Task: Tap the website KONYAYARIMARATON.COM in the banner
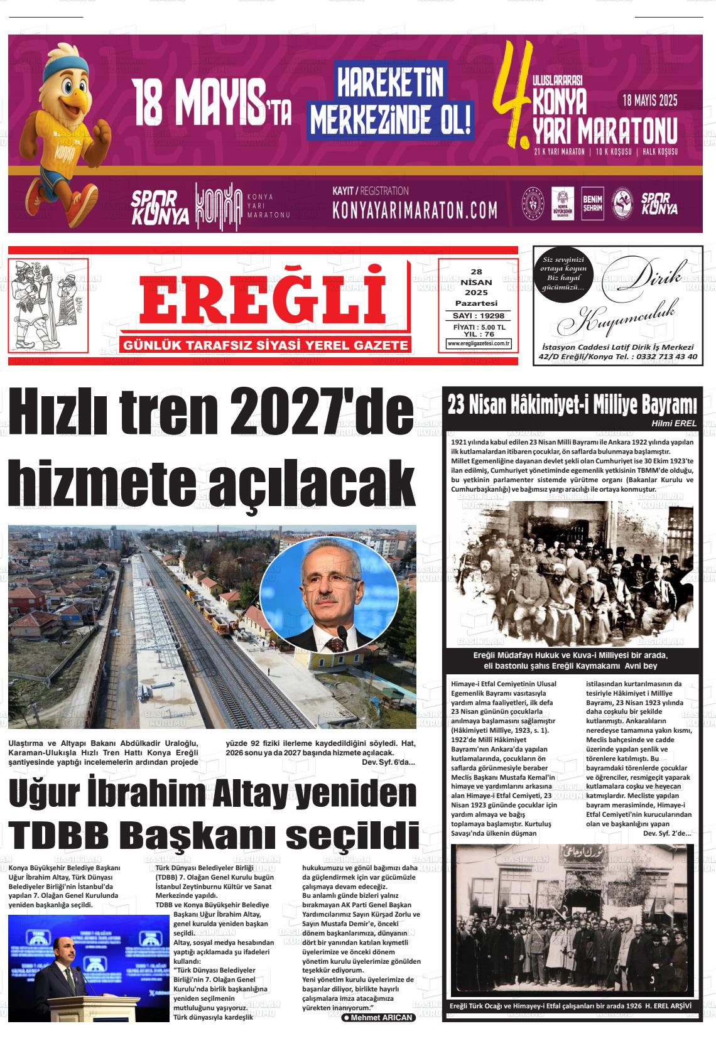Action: point(415,210)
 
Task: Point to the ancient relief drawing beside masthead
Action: point(48,305)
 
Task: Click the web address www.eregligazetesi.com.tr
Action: point(479,343)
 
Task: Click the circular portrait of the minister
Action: point(329,594)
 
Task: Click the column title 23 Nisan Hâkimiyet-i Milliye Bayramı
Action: point(572,404)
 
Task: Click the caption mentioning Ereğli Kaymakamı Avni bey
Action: point(571,661)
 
